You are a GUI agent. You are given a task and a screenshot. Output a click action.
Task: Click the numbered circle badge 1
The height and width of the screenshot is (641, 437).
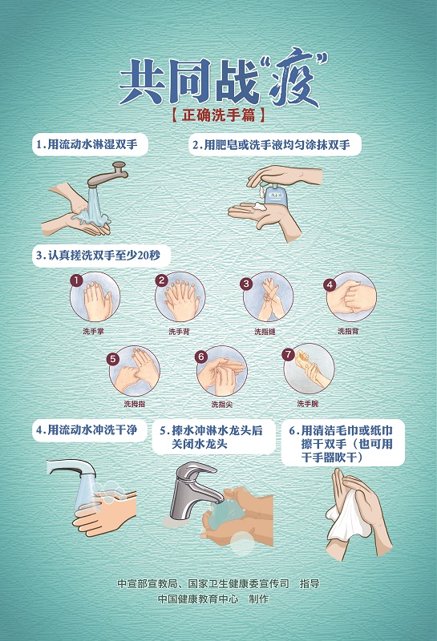tap(76, 280)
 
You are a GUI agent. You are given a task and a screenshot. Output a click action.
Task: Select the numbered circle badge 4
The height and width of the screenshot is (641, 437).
tap(330, 285)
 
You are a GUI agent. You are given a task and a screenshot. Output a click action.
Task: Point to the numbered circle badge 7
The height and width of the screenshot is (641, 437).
tap(288, 354)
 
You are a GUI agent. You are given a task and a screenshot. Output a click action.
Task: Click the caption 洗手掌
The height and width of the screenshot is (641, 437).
tap(93, 331)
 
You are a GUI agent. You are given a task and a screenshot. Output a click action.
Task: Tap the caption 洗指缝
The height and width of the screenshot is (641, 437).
tap(265, 332)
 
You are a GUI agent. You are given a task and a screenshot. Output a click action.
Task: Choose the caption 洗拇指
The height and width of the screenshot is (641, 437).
tap(135, 404)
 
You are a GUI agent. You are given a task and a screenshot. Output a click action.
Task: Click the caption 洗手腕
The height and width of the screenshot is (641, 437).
tap(308, 404)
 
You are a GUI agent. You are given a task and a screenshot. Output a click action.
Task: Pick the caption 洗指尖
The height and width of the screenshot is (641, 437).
tap(222, 405)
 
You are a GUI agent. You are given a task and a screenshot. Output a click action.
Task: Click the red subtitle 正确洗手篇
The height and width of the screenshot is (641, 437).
tap(218, 115)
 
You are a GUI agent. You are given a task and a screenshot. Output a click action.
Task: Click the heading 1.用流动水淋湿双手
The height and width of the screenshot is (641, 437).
tap(87, 144)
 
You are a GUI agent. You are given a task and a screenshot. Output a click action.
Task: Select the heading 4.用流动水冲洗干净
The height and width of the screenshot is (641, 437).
tap(87, 430)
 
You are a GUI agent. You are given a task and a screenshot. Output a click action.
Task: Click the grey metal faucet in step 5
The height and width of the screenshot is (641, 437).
tap(192, 489)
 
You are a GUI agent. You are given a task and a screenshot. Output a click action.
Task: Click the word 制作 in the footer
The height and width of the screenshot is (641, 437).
tap(259, 599)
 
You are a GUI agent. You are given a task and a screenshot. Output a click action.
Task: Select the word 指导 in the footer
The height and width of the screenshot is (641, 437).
tap(310, 583)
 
